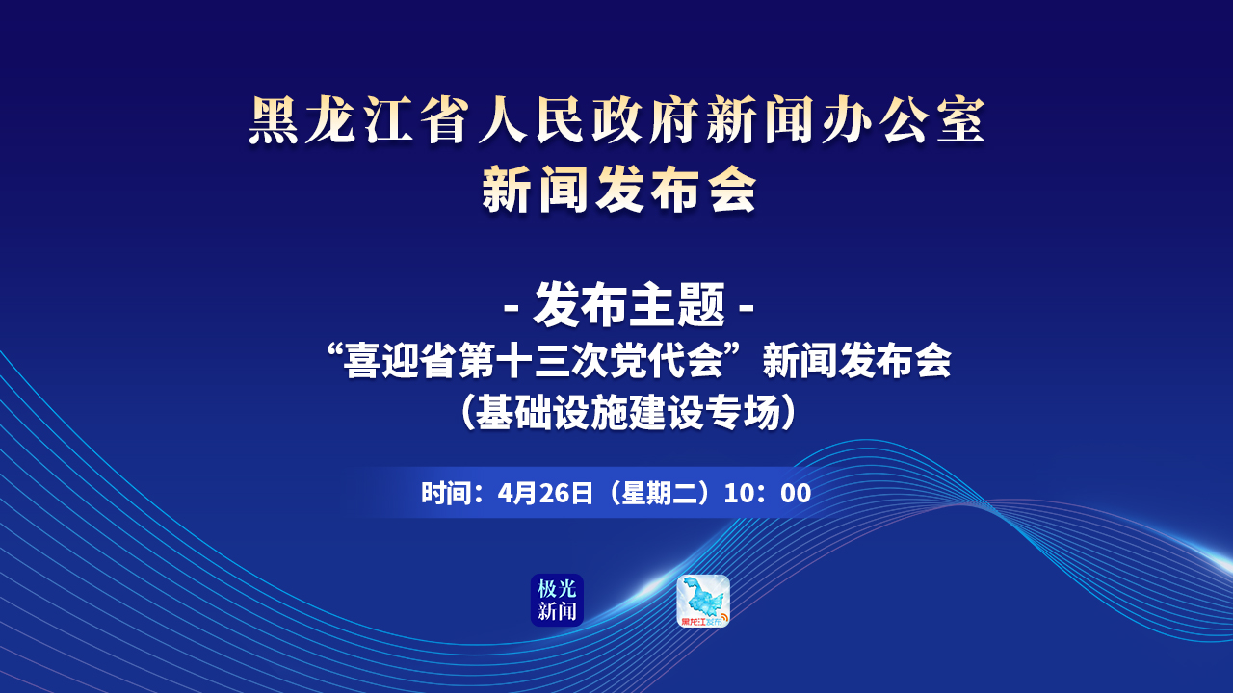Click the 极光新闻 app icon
coord(557,600)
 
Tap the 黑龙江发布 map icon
coord(703,601)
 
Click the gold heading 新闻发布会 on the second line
coord(619,190)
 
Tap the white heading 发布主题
coord(629,305)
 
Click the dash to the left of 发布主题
coord(512,307)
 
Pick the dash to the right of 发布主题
coord(746,307)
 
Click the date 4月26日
coord(545,494)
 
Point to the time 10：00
coord(768,494)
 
